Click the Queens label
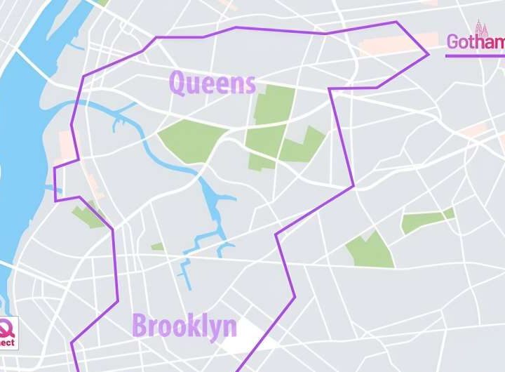click(212, 84)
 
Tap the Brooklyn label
click(184, 327)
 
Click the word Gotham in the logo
click(476, 43)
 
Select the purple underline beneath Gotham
click(474, 55)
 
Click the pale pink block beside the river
click(67, 145)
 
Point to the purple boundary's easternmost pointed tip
click(428, 53)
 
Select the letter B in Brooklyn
click(140, 327)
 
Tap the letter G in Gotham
click(454, 43)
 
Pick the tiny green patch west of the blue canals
click(157, 246)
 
